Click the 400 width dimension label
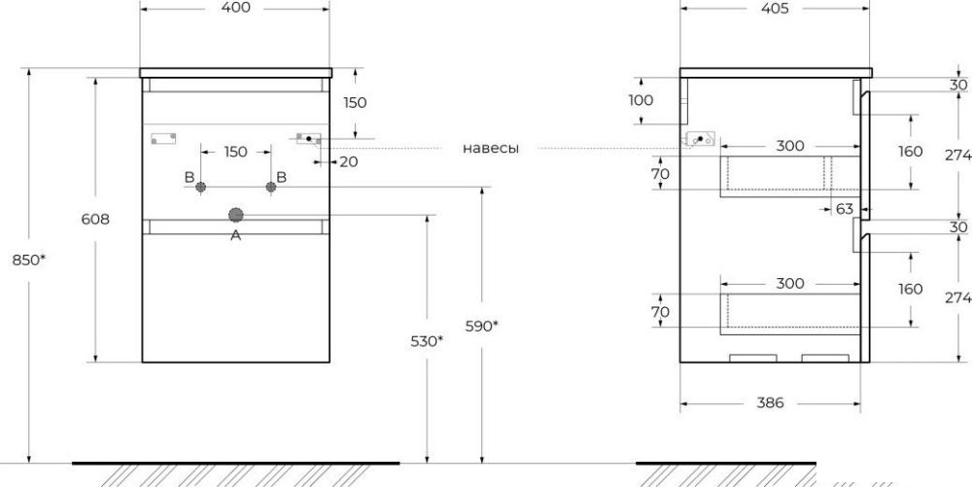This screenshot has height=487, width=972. tap(235, 8)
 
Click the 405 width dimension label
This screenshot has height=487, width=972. tap(775, 8)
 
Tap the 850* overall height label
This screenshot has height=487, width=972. tap(28, 261)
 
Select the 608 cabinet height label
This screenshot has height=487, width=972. tap(95, 219)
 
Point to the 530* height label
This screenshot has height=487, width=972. tap(427, 340)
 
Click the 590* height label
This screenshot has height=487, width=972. tap(482, 326)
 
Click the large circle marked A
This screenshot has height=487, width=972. tap(235, 215)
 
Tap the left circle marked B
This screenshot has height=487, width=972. tap(200, 187)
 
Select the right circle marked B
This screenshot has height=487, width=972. tap(271, 187)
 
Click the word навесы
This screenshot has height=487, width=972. tap(490, 149)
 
